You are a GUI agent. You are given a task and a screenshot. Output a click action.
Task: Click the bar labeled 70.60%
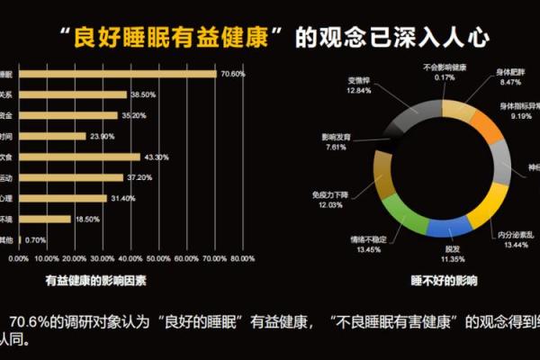[x=117, y=74]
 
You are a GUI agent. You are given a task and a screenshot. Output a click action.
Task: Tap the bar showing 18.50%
[x=44, y=219]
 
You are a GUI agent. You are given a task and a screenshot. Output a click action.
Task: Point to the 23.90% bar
[x=52, y=136]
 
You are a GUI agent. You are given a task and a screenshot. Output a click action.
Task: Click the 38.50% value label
[x=144, y=94]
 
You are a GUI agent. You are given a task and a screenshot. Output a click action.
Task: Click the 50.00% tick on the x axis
[x=159, y=259]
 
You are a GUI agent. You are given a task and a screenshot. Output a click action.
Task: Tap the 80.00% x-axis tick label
[x=241, y=259]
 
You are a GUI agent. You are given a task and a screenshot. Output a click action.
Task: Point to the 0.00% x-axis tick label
[x=19, y=259]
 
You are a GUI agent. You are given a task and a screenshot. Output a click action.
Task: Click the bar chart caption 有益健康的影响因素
[x=96, y=280]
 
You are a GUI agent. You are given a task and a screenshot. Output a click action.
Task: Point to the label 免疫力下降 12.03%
[x=335, y=199]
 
